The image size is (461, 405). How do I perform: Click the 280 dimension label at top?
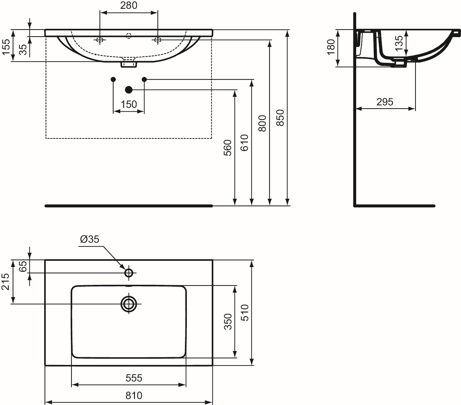pyautogui.click(x=129, y=5)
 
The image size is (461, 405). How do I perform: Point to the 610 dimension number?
pyautogui.click(x=244, y=142)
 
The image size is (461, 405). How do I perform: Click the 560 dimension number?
pyautogui.click(x=227, y=148)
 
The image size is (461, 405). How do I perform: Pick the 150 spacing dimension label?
pyautogui.click(x=129, y=104)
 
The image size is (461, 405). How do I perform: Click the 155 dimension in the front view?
pyautogui.click(x=6, y=47)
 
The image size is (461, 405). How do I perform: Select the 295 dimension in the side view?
pyautogui.click(x=385, y=102)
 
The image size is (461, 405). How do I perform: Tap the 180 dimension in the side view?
pyautogui.click(x=331, y=47)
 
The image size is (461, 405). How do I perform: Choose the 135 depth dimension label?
pyautogui.click(x=399, y=43)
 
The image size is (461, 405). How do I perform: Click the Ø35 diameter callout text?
pyautogui.click(x=90, y=239)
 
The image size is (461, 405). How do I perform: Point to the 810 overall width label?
pyautogui.click(x=134, y=396)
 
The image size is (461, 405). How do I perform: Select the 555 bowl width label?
pyautogui.click(x=134, y=378)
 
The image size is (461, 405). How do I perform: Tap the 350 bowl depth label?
pyautogui.click(x=228, y=321)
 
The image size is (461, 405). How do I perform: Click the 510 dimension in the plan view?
pyautogui.click(x=245, y=313)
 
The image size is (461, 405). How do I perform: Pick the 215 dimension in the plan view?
pyautogui.click(x=6, y=282)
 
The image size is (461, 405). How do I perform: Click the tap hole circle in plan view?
pyautogui.click(x=129, y=273)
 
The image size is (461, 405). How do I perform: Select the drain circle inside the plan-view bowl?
pyautogui.click(x=129, y=304)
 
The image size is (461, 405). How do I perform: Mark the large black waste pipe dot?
pyautogui.click(x=129, y=90)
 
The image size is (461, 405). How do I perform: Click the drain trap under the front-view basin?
pyautogui.click(x=129, y=64)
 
